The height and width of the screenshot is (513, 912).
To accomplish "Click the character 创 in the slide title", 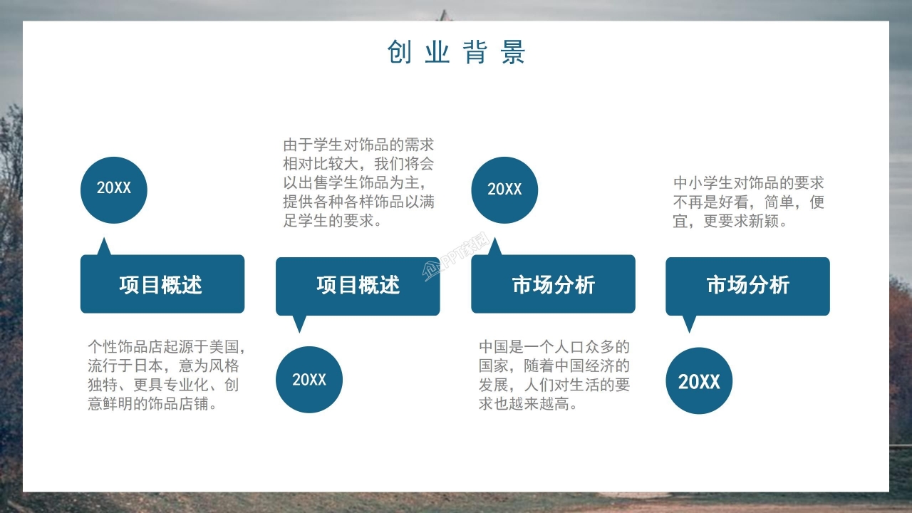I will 399,53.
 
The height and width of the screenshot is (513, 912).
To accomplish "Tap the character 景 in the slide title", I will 512,53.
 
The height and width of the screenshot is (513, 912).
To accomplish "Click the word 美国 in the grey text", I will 223,347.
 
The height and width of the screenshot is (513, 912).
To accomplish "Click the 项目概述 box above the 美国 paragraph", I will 162,284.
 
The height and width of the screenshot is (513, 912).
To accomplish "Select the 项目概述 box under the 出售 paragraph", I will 358,286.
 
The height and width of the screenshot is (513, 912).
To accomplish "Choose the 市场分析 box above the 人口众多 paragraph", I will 553,284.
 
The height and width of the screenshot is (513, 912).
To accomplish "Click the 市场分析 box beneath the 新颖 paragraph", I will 747,286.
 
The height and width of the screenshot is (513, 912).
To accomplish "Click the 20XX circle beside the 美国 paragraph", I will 114,189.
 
